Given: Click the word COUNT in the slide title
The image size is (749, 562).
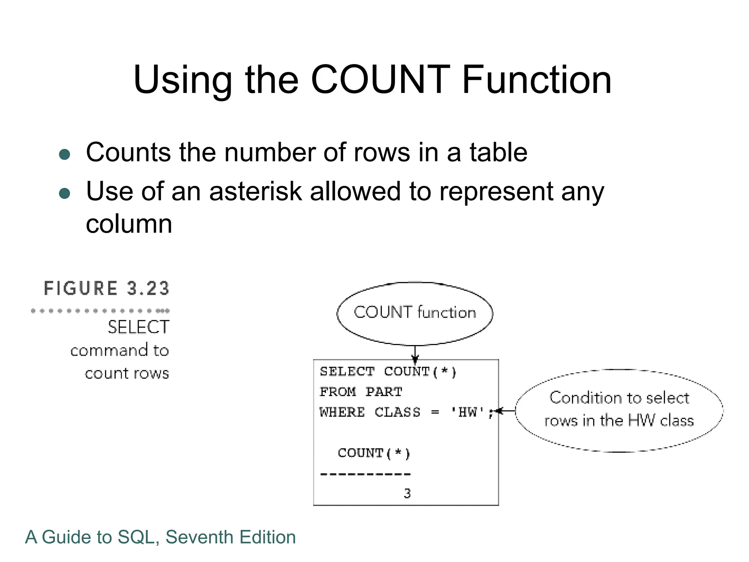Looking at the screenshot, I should (380, 80).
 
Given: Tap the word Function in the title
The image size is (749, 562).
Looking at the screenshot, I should (537, 80).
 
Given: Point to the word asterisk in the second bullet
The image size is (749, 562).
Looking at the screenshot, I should (255, 191).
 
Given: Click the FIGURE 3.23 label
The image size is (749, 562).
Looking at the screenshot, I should (106, 288).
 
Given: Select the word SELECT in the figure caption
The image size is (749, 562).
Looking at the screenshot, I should (138, 327).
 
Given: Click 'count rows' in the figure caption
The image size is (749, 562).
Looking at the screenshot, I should (127, 374).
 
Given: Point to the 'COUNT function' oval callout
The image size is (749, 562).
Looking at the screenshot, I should (415, 313).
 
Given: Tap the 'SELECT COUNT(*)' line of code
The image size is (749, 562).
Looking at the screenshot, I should (388, 372).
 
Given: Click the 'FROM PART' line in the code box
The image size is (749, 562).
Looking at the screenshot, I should (361, 392).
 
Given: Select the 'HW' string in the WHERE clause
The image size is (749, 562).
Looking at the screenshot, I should (468, 412).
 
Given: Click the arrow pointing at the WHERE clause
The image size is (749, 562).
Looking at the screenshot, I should (505, 411).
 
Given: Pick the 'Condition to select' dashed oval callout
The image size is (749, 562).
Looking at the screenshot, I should (619, 410).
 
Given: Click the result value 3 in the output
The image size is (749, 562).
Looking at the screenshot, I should (407, 494).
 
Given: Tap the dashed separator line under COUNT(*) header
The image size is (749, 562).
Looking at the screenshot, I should (365, 474).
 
